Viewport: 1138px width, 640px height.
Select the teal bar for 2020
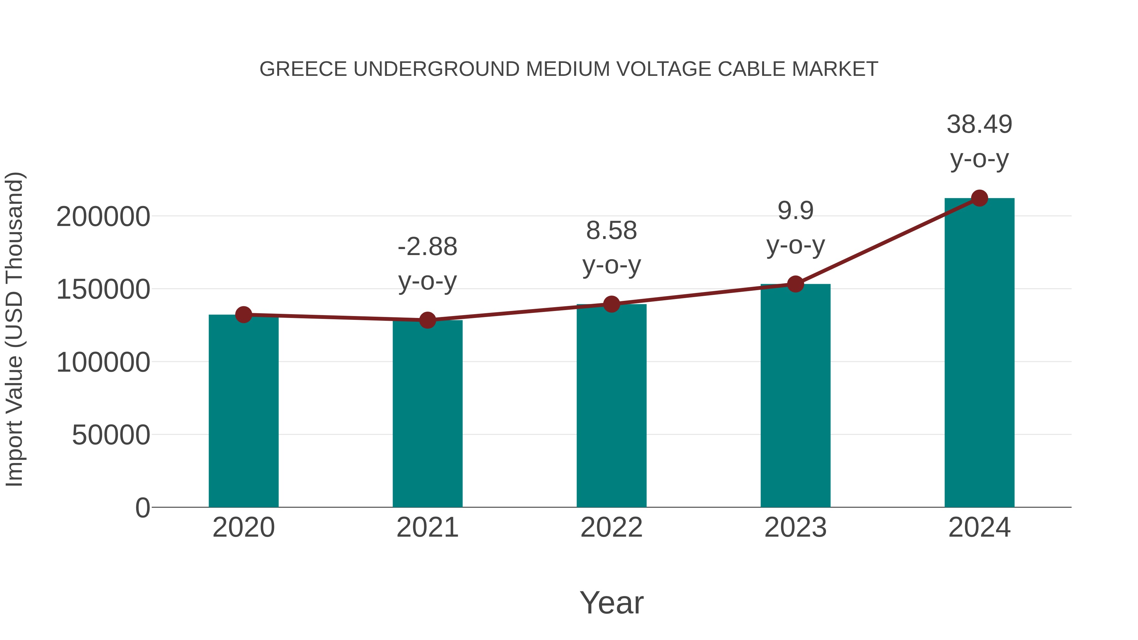coord(243,411)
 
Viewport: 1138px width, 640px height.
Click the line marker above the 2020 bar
coord(243,315)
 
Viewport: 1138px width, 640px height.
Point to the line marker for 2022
coord(611,304)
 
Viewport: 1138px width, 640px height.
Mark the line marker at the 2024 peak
coord(979,198)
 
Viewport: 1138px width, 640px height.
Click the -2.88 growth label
coord(427,247)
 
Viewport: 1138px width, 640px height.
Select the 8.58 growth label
coord(611,231)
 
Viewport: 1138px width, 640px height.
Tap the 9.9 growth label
coord(795,211)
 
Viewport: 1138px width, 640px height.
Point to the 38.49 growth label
coord(979,125)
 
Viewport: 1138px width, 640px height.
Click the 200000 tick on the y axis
coord(103,217)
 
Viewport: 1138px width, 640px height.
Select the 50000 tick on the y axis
coord(111,435)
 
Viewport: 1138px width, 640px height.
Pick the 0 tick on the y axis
coord(142,508)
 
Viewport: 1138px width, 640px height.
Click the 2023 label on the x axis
coord(795,527)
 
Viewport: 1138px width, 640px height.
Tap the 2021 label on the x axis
coord(427,527)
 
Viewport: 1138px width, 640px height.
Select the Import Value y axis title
coord(14,329)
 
